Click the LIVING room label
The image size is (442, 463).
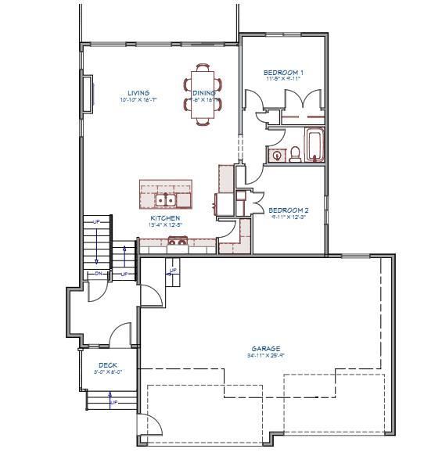click(x=138, y=93)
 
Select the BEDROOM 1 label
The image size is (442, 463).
click(x=283, y=72)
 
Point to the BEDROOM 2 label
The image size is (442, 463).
click(x=288, y=210)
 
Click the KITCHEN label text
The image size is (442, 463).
click(x=165, y=218)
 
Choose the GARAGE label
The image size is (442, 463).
click(x=265, y=349)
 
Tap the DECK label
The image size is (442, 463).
click(x=107, y=365)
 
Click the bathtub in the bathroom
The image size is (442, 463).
click(x=314, y=145)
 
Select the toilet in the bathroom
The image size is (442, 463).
click(x=296, y=155)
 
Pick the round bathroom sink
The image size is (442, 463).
click(x=276, y=156)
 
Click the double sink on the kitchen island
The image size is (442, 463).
click(x=165, y=199)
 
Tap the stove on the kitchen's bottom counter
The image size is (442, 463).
click(x=177, y=242)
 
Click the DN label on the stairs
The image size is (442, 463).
click(x=99, y=274)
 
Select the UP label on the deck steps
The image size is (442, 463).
click(x=113, y=402)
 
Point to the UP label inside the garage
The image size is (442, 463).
click(x=172, y=271)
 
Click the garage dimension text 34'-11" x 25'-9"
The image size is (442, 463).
click(x=265, y=356)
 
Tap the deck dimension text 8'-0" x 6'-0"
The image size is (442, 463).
click(x=109, y=372)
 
